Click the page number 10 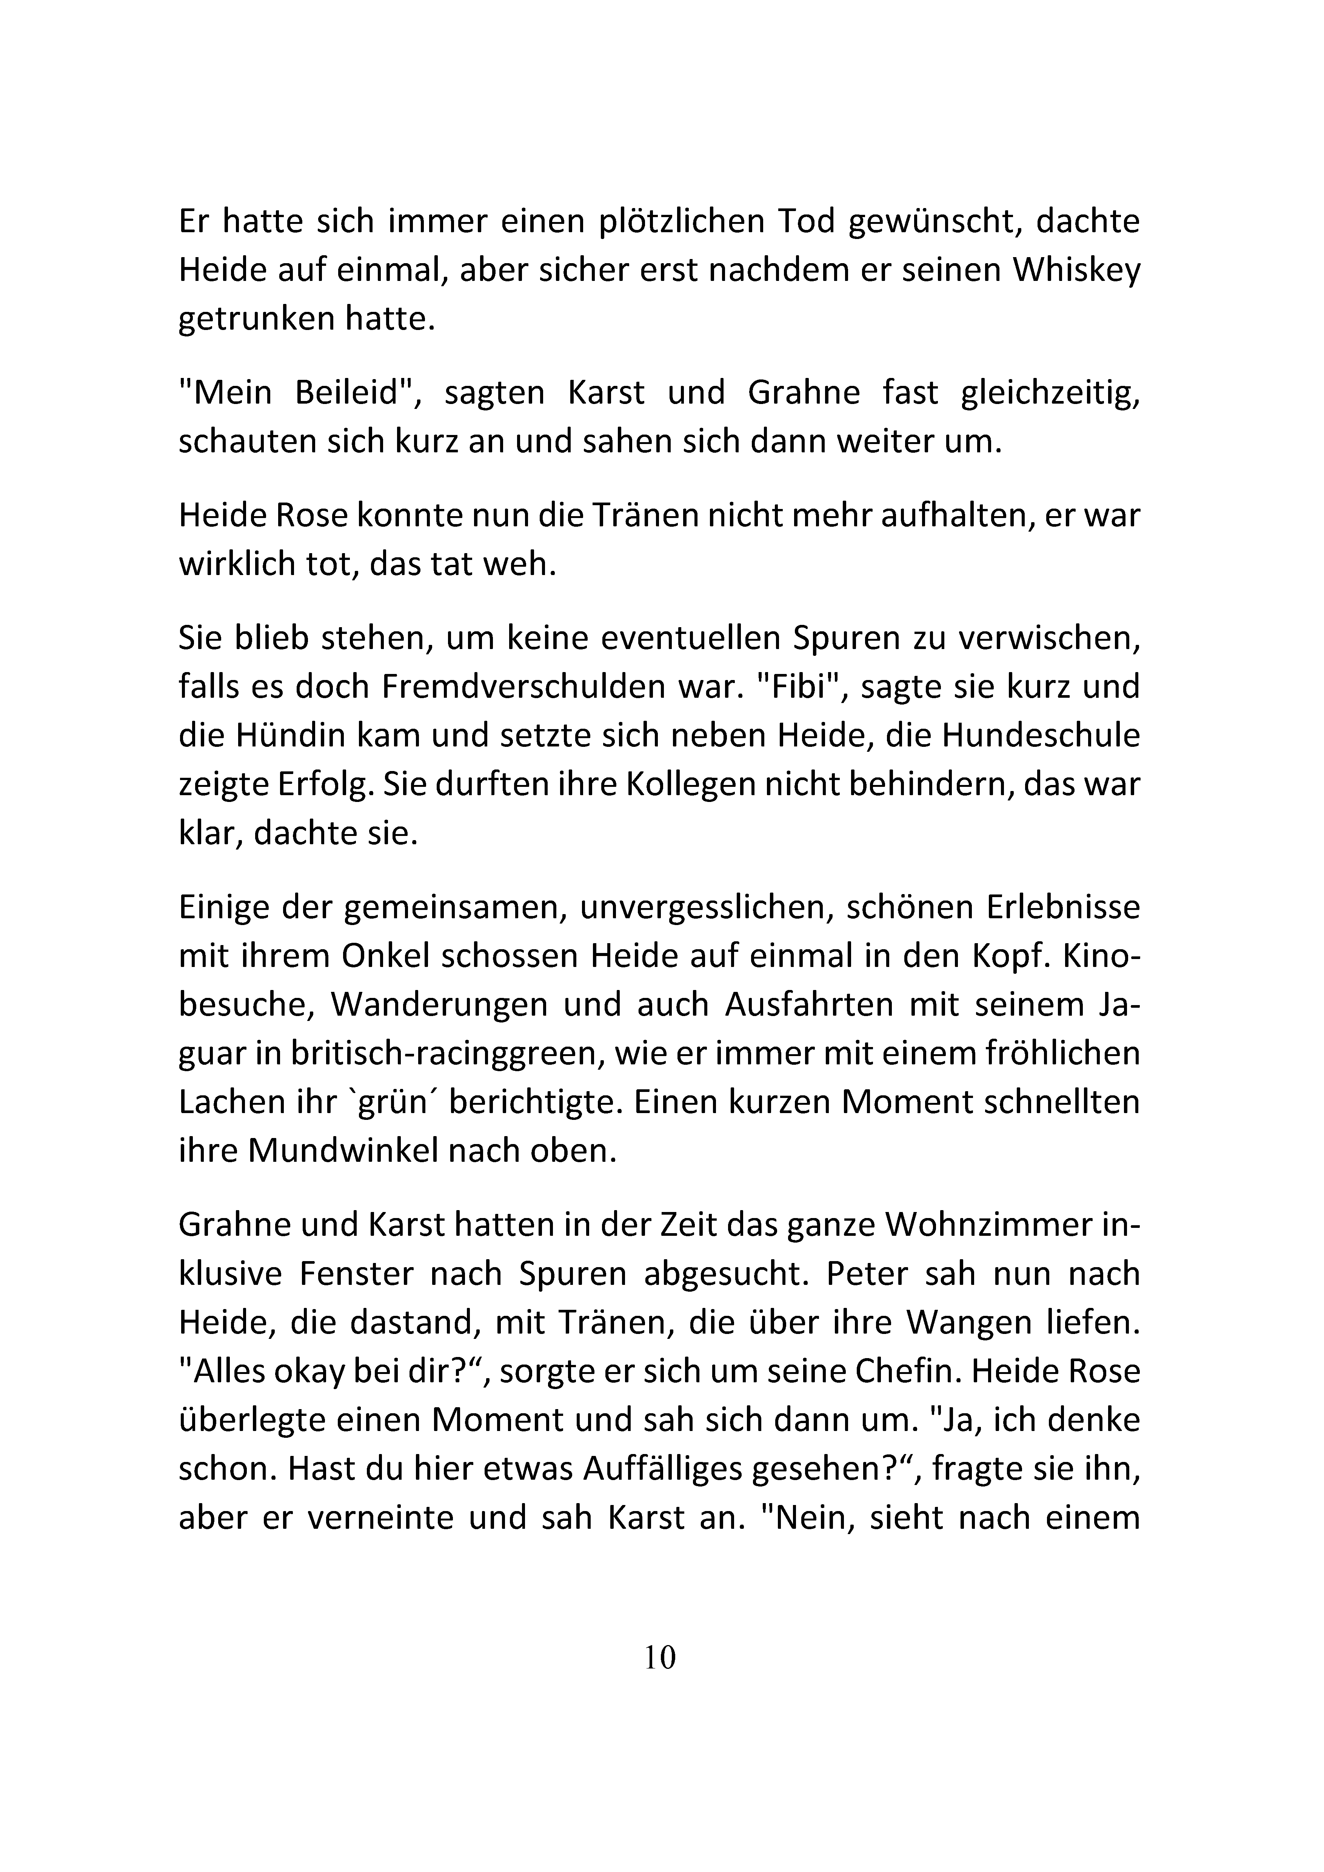[x=660, y=1658]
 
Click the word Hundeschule [x=1041, y=736]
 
